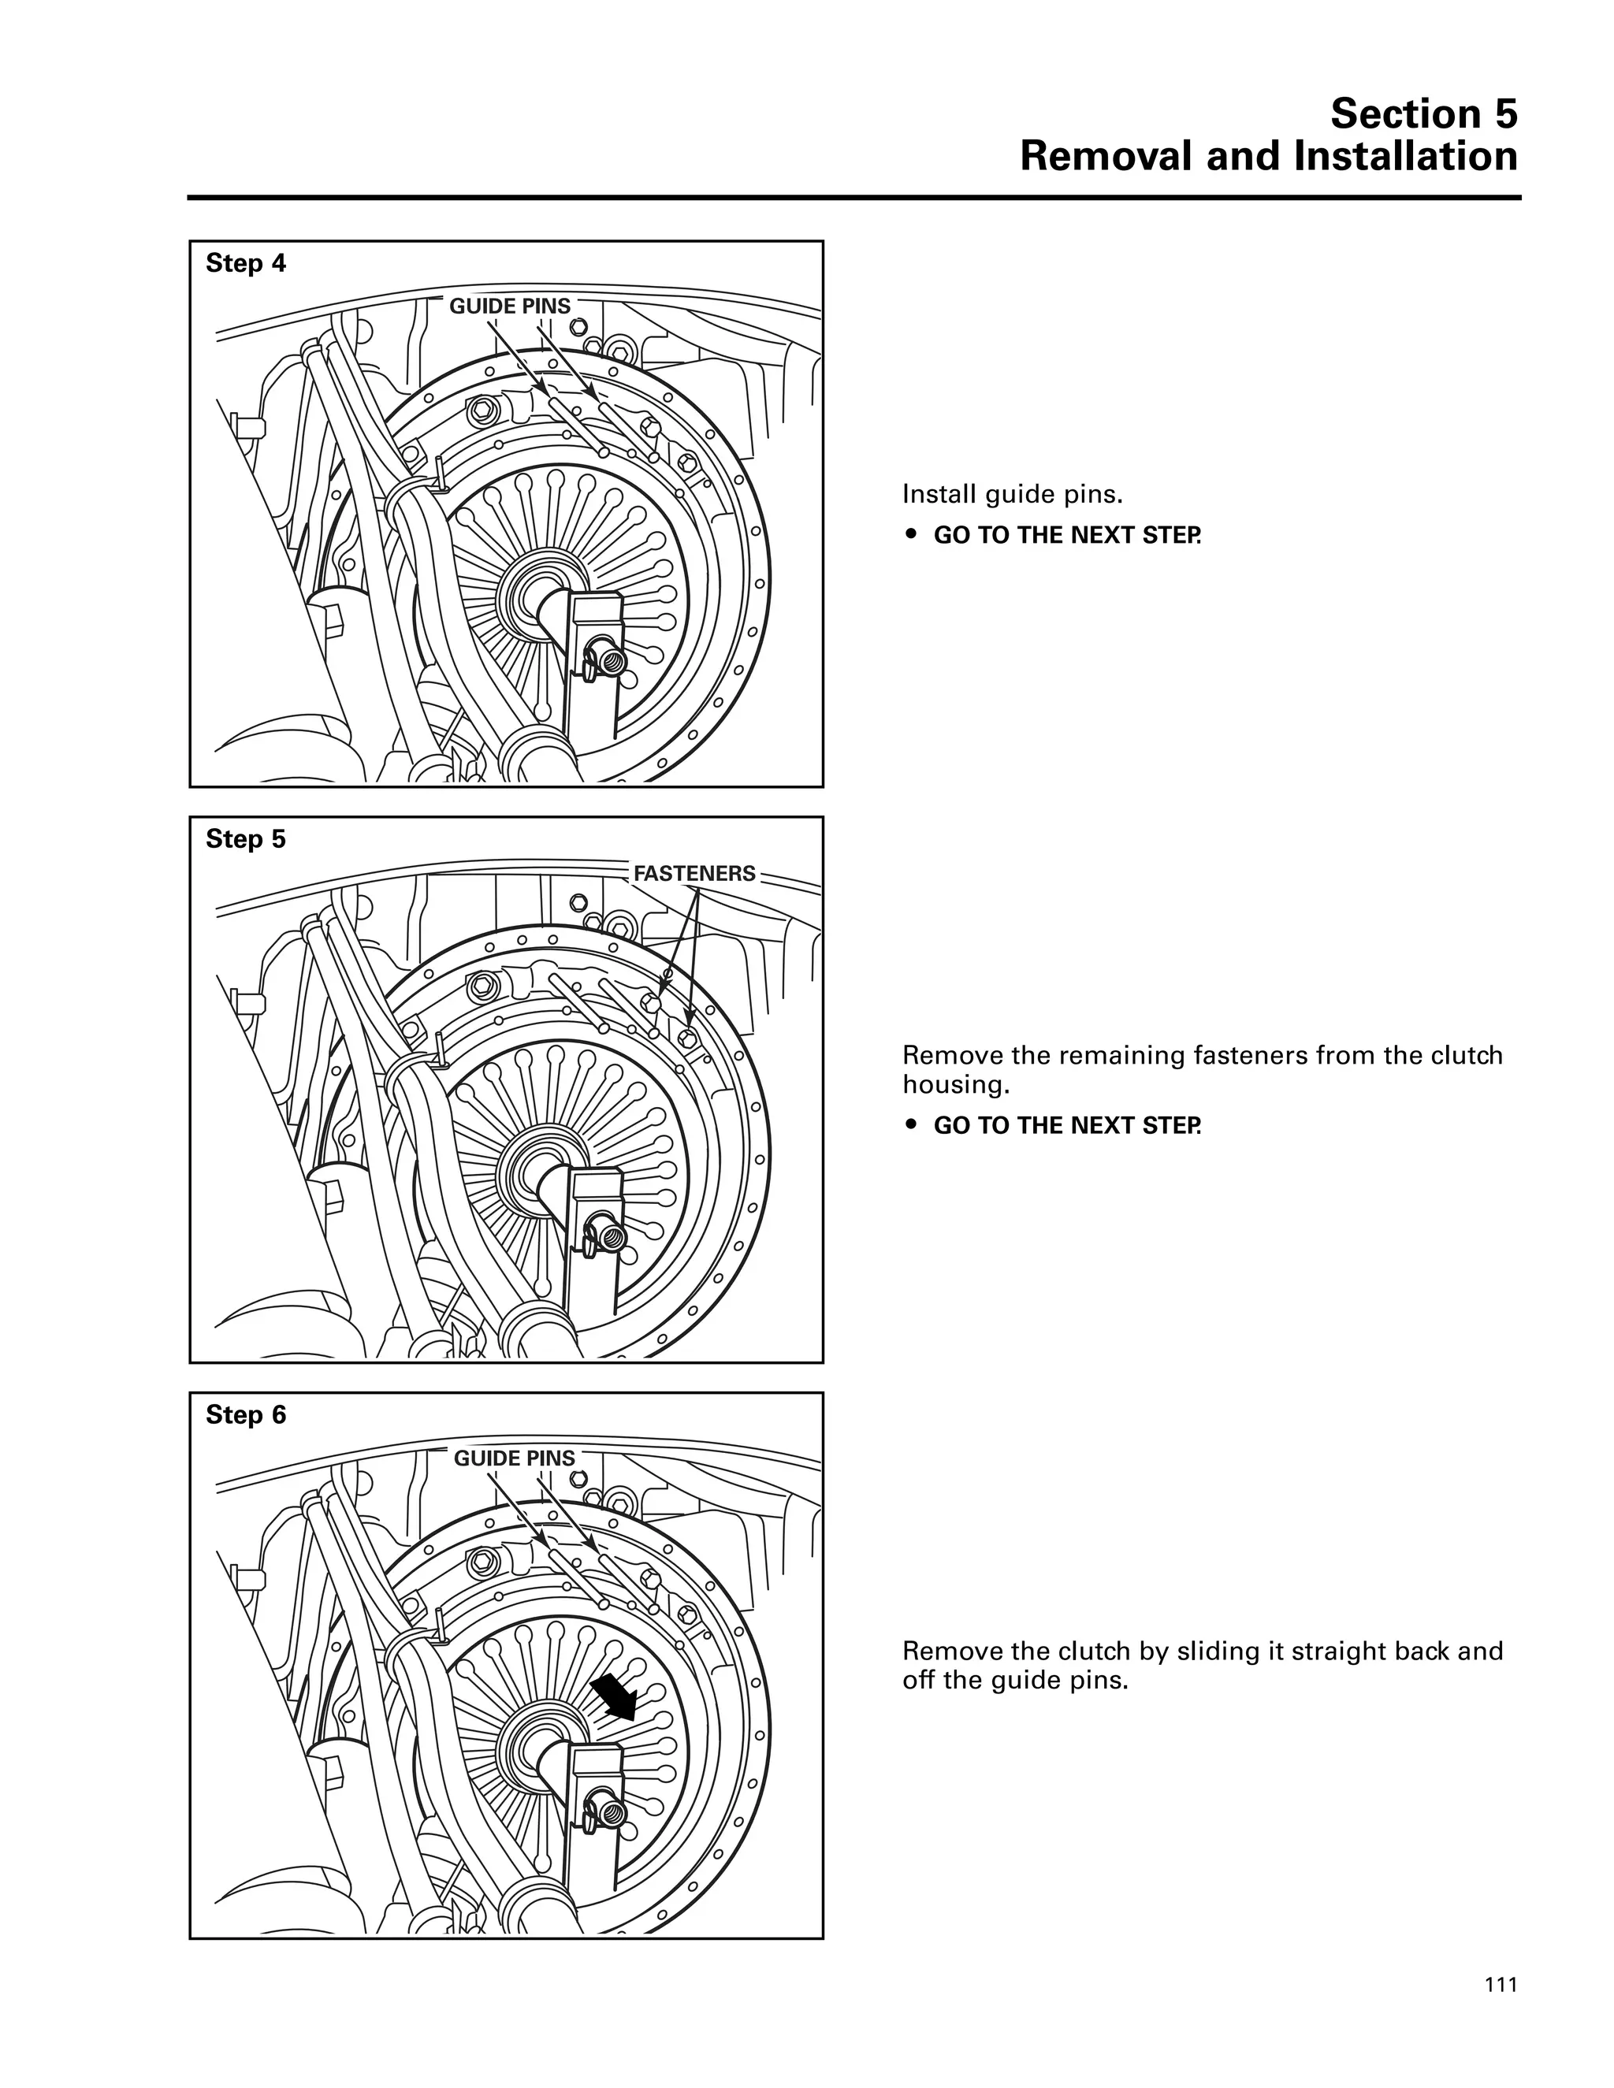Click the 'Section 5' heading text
click(1422, 113)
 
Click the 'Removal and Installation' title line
click(1268, 157)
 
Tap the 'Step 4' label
click(246, 263)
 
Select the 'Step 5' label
click(246, 838)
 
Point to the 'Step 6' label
click(246, 1415)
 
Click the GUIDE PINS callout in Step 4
click(510, 306)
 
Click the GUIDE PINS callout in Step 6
click(514, 1458)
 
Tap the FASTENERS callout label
click(694, 873)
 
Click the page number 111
click(1501, 1986)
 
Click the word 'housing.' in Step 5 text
click(956, 1085)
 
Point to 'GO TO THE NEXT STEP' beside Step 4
click(1066, 535)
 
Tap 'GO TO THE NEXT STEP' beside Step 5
click(1066, 1125)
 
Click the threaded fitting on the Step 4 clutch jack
click(609, 659)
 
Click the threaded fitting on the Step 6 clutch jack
click(609, 1811)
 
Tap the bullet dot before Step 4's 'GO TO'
click(912, 535)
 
